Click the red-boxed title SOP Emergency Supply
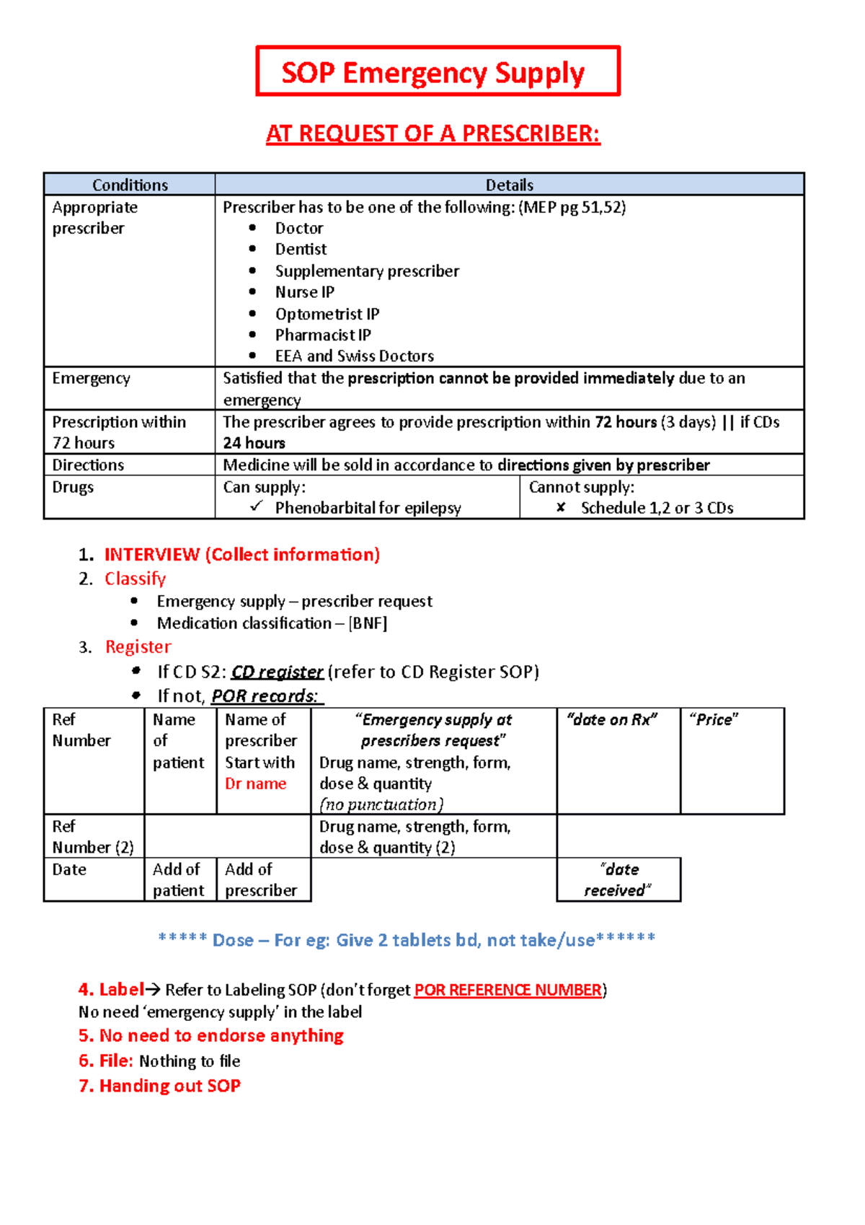[432, 73]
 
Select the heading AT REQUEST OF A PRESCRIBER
[432, 134]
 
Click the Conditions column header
[130, 185]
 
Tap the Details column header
[509, 185]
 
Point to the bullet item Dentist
[301, 250]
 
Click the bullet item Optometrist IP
[327, 314]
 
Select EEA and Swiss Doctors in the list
[354, 356]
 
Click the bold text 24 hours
[254, 443]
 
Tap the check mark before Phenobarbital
[256, 507]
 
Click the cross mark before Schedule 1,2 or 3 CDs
[561, 508]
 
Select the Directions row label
[88, 465]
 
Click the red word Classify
[136, 579]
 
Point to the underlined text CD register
[277, 672]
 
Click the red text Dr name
[255, 783]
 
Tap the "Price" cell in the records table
[714, 720]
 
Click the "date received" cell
[618, 879]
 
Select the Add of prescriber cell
[261, 879]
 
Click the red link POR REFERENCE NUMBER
[508, 990]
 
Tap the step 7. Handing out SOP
[159, 1086]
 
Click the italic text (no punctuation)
[381, 804]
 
